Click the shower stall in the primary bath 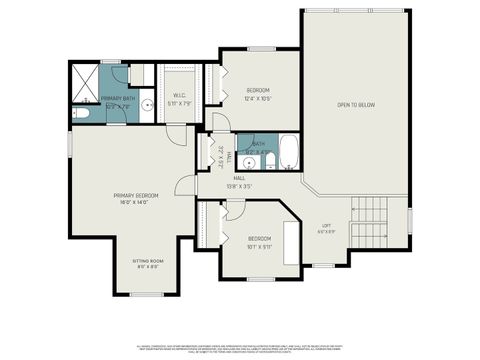point(85,79)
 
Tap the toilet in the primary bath point(83,113)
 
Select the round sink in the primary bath point(146,103)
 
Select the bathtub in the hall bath point(289,153)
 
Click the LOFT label point(326,225)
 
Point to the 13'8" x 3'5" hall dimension point(239,186)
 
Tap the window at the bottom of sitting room point(147,294)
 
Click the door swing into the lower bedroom point(232,210)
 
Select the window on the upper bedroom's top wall point(262,49)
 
